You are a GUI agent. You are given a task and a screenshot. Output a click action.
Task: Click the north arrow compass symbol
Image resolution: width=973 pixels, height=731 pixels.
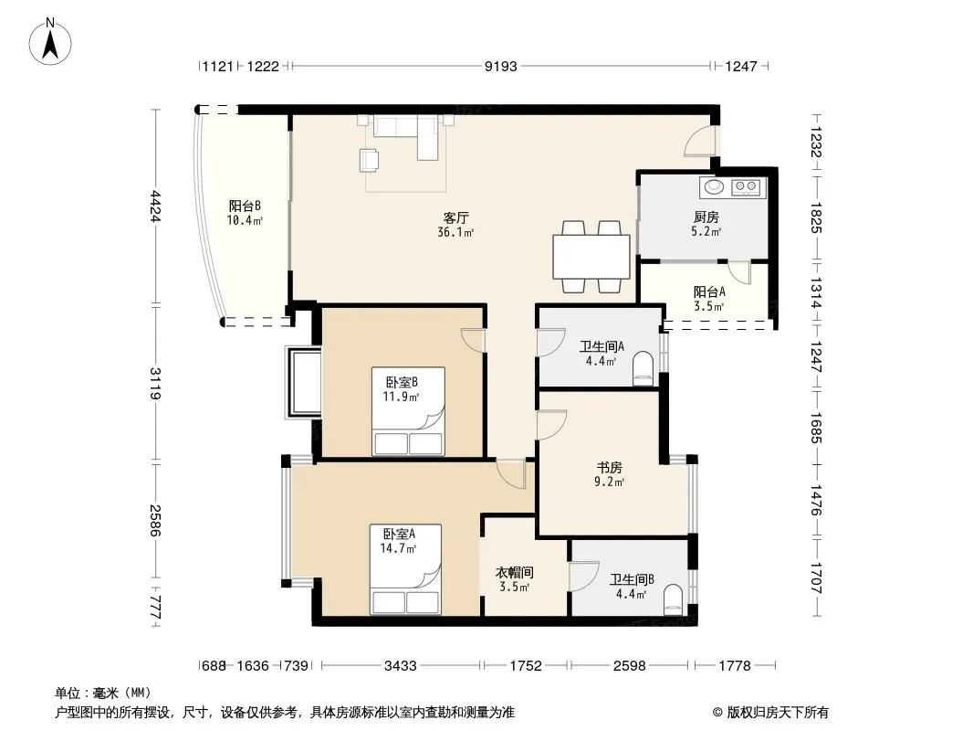coord(50,42)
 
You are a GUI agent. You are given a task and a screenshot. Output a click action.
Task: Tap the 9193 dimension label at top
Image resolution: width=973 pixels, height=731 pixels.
coord(501,66)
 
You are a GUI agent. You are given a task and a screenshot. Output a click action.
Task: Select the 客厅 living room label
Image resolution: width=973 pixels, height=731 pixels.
coord(456,217)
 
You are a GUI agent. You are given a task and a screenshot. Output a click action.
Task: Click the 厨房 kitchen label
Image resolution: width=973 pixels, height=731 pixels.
coord(706,217)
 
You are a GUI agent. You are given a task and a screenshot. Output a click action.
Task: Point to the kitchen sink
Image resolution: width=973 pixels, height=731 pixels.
coord(715,186)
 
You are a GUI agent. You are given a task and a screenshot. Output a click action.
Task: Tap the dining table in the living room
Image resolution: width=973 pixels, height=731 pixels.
coord(591,257)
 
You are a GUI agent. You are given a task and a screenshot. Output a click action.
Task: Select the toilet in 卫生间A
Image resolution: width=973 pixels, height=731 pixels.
coord(643,369)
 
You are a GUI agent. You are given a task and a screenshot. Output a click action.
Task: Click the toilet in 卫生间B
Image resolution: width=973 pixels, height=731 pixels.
coord(673,600)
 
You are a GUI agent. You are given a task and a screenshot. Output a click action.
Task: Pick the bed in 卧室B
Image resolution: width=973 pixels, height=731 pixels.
coord(408,411)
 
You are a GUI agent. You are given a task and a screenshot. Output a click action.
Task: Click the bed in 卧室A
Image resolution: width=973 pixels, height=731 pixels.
coord(406,569)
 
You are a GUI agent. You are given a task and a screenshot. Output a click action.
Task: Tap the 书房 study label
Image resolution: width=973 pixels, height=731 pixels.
coord(610,467)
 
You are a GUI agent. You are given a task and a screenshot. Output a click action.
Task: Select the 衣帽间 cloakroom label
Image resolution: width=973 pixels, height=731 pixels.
coord(515,572)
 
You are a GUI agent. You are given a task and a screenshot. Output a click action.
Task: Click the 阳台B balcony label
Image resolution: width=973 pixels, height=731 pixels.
coord(245,206)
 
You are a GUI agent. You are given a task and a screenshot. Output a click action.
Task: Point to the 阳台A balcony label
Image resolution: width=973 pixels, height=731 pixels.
coord(709,291)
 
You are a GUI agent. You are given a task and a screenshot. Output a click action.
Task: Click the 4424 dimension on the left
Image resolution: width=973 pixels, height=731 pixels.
coord(155,207)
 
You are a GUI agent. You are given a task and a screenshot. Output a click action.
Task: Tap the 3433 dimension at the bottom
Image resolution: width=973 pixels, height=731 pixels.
coord(401,666)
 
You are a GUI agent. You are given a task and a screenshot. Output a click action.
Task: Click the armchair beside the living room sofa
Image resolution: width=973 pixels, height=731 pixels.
coord(369,160)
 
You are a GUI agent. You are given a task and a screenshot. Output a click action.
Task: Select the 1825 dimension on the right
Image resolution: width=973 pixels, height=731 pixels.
coord(815,218)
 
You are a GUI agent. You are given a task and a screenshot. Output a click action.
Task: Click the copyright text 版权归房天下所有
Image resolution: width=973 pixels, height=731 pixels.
coord(778,713)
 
